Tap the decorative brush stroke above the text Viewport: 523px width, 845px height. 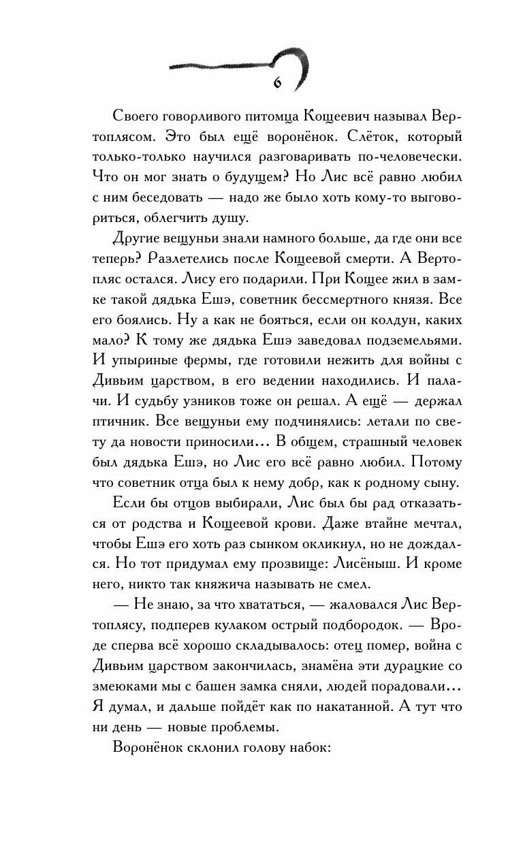[x=238, y=65]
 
